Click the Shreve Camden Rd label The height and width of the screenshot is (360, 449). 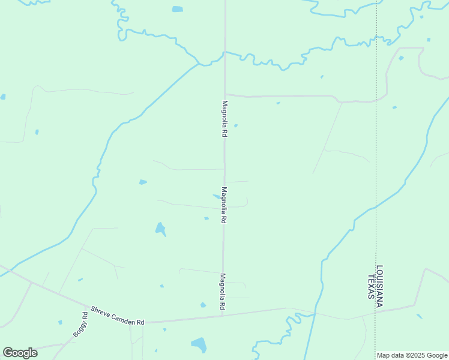[x=118, y=316]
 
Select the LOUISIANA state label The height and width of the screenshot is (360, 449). [x=379, y=286]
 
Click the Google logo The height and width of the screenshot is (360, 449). [x=20, y=353]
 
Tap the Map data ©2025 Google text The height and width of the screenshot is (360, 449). [x=412, y=355]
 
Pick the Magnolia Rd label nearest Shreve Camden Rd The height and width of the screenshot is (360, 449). [x=222, y=292]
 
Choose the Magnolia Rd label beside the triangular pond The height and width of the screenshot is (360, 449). [x=223, y=205]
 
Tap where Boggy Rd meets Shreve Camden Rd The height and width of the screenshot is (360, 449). [x=89, y=310]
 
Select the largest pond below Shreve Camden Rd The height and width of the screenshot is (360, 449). [x=199, y=344]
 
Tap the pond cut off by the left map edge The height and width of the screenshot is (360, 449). [x=2, y=96]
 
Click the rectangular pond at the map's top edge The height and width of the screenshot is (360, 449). [x=177, y=9]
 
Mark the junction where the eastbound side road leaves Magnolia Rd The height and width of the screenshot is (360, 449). [x=225, y=94]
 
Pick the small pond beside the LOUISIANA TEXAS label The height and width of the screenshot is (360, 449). [x=419, y=316]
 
